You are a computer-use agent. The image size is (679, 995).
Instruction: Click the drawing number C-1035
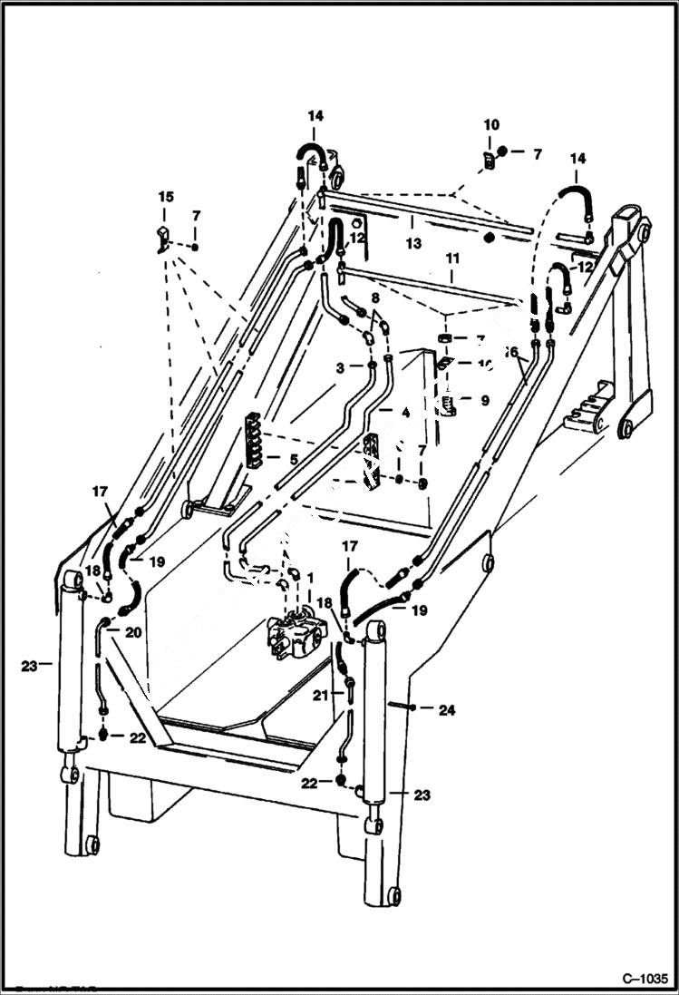coord(644,979)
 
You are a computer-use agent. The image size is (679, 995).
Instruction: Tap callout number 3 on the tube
coord(339,367)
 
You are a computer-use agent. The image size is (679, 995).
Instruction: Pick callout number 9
coord(485,399)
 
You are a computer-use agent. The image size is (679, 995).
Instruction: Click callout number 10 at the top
coord(490,124)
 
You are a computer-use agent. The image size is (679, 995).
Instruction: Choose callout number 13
coord(413,243)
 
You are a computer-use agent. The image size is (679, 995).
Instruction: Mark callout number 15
coord(165,197)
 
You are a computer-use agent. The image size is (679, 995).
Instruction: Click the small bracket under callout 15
coord(162,240)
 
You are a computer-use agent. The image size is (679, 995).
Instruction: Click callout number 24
coord(446,710)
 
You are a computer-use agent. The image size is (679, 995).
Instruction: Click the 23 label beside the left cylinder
coord(30,666)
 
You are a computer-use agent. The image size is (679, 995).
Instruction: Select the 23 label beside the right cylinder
coord(422,795)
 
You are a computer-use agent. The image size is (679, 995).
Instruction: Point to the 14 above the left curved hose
coord(315,116)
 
